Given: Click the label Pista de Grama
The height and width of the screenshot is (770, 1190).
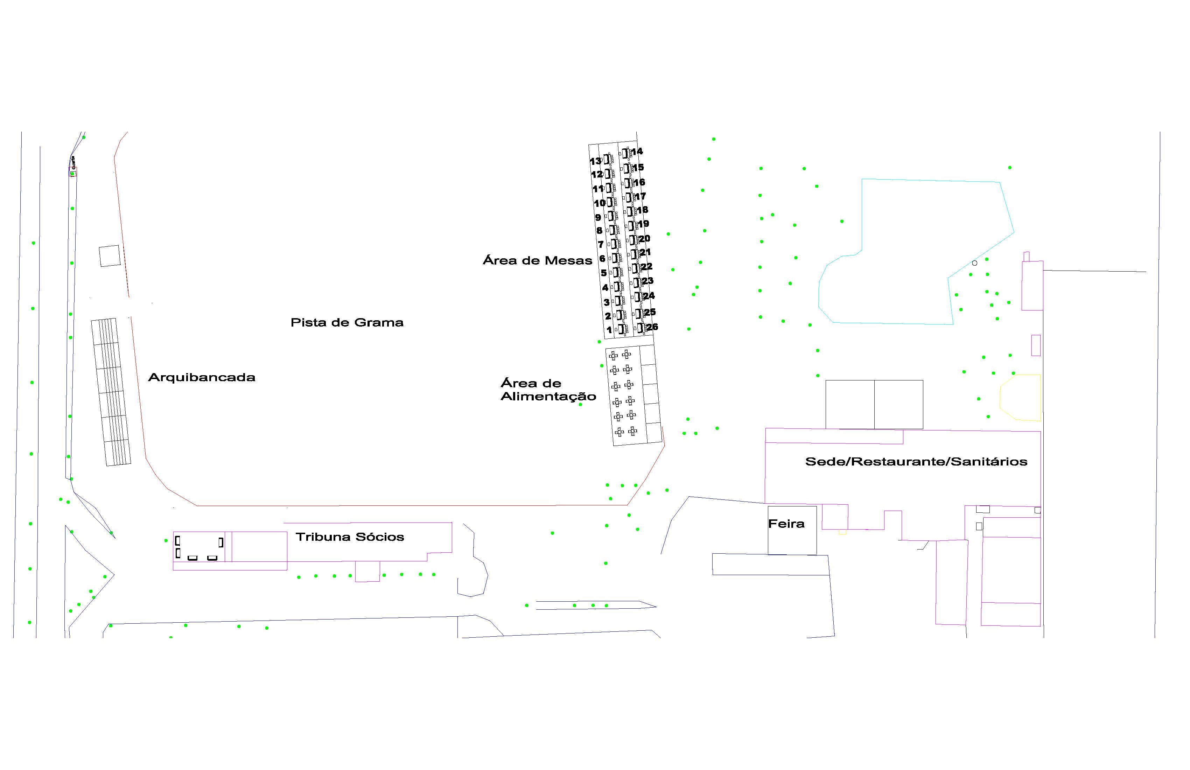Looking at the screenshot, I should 346,322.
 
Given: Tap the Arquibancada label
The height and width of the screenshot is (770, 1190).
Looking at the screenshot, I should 202,378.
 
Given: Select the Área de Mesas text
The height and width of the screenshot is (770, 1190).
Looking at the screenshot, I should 537,260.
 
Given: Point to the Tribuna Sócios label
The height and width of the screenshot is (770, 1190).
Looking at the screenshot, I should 350,537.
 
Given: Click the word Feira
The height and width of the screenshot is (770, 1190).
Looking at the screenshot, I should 786,524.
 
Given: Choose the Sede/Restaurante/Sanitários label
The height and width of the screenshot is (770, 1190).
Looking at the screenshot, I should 916,462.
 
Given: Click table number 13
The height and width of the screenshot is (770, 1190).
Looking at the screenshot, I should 595,161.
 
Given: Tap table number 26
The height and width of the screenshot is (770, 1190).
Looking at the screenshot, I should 652,327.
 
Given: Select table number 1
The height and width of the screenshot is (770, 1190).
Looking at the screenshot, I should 609,330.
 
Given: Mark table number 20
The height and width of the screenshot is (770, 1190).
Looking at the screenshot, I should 644,238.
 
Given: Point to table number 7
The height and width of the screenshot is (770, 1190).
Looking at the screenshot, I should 601,245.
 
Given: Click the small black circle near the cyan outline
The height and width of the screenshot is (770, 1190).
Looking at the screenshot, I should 974,263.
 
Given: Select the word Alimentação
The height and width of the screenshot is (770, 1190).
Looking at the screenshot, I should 548,397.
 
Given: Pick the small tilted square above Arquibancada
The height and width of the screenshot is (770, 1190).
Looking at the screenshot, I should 110,256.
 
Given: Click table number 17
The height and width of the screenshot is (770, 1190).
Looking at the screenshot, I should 640,196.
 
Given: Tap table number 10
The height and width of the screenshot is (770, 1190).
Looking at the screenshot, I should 599,203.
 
